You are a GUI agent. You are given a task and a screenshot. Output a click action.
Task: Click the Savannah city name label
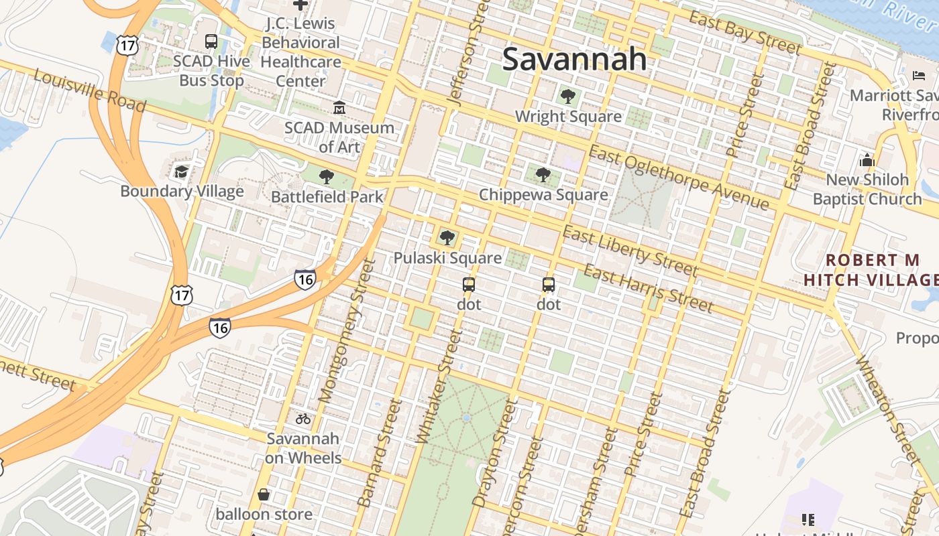click(574, 59)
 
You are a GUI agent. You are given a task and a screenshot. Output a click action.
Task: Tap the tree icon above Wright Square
click(567, 96)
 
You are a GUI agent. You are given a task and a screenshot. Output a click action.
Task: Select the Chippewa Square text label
click(543, 195)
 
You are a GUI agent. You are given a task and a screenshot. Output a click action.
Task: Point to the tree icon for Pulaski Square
click(447, 238)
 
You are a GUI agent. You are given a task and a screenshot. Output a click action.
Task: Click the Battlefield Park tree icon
click(327, 177)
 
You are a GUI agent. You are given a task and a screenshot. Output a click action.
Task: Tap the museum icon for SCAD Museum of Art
click(339, 108)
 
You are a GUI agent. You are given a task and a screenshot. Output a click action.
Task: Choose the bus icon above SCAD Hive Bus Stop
click(211, 42)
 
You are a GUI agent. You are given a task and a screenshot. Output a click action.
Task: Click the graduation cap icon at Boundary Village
click(181, 172)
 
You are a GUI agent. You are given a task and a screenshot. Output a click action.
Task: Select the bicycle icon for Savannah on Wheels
click(303, 419)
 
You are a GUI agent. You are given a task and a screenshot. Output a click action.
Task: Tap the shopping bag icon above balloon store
click(264, 494)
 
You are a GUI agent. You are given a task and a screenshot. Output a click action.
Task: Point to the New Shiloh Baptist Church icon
click(867, 161)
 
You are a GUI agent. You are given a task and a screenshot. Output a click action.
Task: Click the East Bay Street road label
click(745, 32)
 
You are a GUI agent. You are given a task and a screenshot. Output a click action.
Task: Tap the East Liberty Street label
click(630, 251)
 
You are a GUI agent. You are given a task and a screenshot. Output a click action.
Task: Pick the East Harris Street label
click(648, 288)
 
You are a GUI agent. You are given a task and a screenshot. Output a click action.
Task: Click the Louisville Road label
click(89, 92)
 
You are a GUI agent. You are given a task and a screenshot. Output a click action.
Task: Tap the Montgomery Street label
click(345, 332)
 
